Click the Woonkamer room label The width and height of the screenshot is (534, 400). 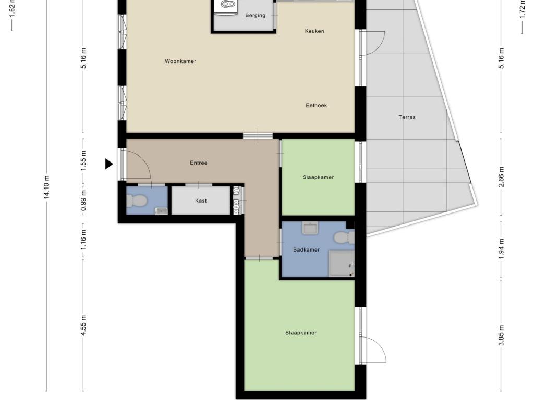(x=180, y=61)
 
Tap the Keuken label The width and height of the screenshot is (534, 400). (x=314, y=31)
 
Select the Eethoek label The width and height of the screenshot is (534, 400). (x=316, y=105)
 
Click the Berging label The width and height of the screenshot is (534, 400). (x=255, y=15)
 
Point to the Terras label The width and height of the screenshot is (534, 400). (x=407, y=117)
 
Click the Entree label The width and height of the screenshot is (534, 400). (x=199, y=162)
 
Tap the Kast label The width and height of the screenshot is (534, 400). (x=201, y=201)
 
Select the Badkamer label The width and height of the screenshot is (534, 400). (x=306, y=249)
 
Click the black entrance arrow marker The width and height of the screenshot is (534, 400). (x=109, y=164)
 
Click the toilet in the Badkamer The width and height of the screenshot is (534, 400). (x=344, y=238)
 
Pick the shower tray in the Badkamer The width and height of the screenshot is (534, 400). (x=341, y=264)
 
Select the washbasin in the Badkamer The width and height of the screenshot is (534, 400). (x=310, y=228)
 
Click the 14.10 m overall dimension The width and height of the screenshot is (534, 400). (x=46, y=187)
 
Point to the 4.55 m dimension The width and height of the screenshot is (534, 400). (x=83, y=326)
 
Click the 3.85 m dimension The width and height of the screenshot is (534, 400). (x=501, y=335)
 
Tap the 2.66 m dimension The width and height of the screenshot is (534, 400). (x=501, y=177)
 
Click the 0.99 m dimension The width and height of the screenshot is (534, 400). (x=83, y=200)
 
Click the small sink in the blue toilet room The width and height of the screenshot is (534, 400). (x=161, y=211)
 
